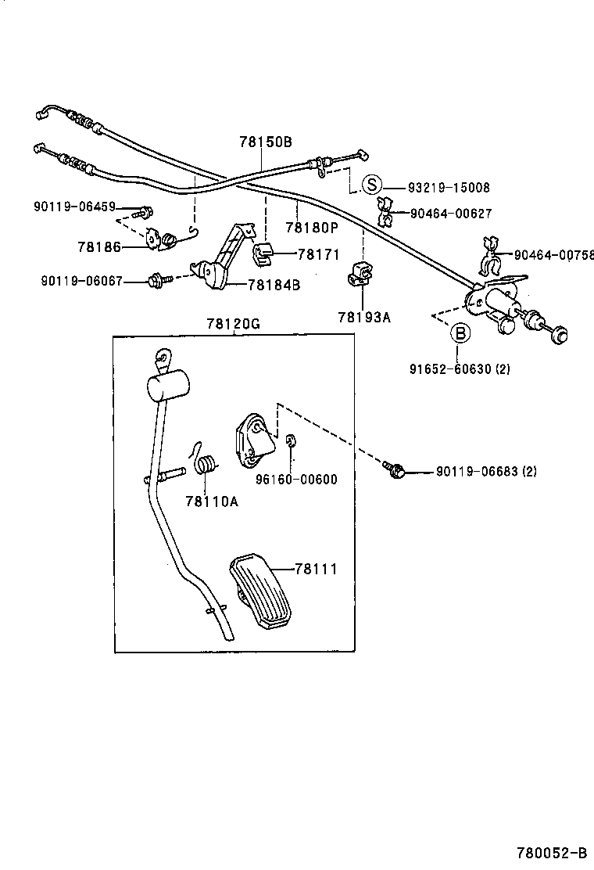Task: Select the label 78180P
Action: [311, 228]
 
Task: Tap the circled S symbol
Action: [373, 185]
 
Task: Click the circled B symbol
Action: [461, 333]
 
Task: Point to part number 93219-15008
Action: [449, 188]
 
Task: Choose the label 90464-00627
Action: [450, 213]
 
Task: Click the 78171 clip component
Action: [263, 252]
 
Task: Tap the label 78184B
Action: [274, 285]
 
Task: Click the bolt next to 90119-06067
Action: [156, 279]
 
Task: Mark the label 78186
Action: [99, 247]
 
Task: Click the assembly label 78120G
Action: [233, 324]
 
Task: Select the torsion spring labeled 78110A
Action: [206, 463]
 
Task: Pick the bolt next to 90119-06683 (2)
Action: [395, 470]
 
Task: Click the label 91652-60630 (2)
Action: [460, 368]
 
